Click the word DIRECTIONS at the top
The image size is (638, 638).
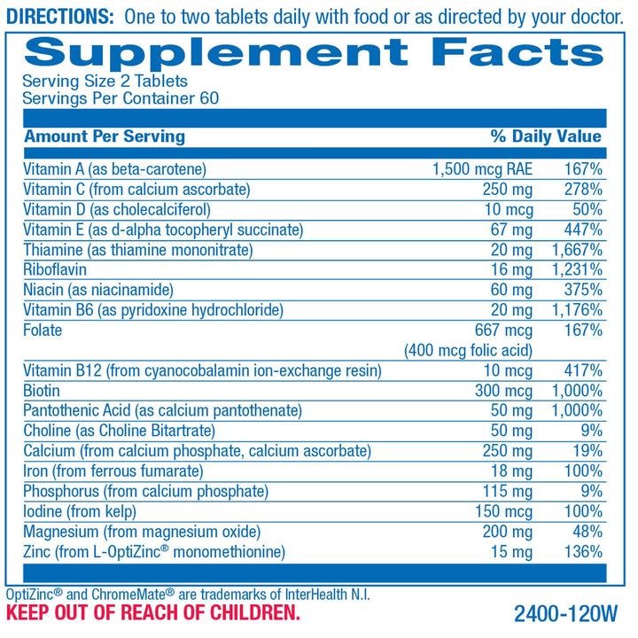pos(60,16)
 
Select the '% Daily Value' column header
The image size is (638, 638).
pos(546,136)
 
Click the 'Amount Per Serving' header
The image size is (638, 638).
pos(105,136)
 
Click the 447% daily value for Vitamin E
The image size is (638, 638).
pos(583,230)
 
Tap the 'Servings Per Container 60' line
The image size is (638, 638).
pos(121,97)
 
